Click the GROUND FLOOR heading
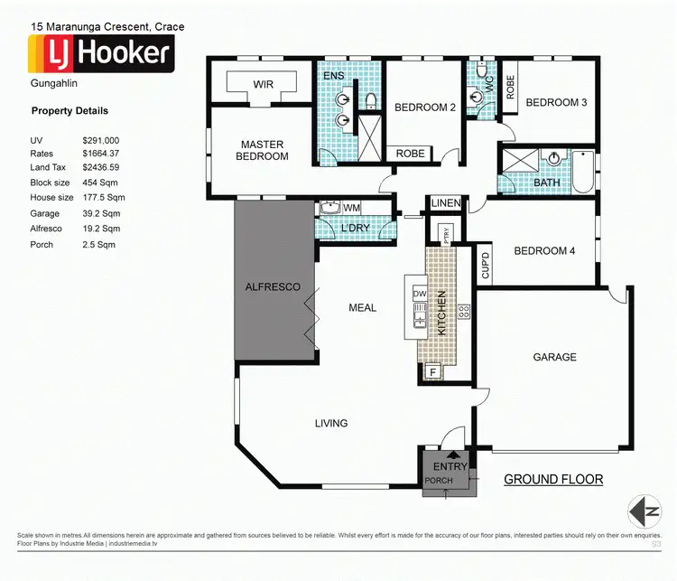click(x=552, y=480)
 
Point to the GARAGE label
click(x=554, y=357)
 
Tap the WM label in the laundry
click(x=351, y=208)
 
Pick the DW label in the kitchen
click(x=419, y=295)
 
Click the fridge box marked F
click(x=432, y=371)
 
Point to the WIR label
click(x=264, y=85)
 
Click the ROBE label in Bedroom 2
click(x=410, y=154)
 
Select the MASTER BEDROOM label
click(x=263, y=150)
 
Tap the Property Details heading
click(x=70, y=111)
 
